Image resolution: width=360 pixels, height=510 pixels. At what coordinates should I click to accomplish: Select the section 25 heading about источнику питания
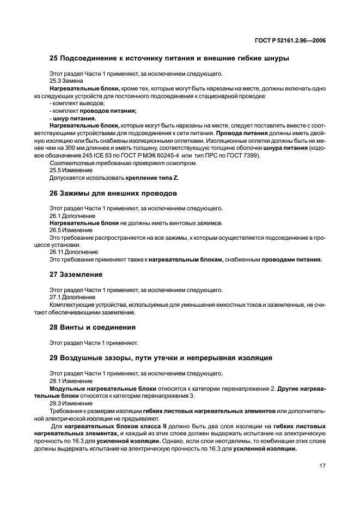169,58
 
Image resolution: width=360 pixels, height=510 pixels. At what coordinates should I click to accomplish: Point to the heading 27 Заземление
76,275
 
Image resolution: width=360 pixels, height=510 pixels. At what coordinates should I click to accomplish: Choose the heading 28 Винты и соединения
93,327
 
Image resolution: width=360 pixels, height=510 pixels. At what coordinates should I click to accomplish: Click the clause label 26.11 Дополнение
74,252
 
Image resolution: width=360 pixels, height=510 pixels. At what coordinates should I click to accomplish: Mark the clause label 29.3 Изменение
71,403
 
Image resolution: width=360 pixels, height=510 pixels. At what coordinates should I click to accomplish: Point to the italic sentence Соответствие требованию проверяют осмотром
123,163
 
